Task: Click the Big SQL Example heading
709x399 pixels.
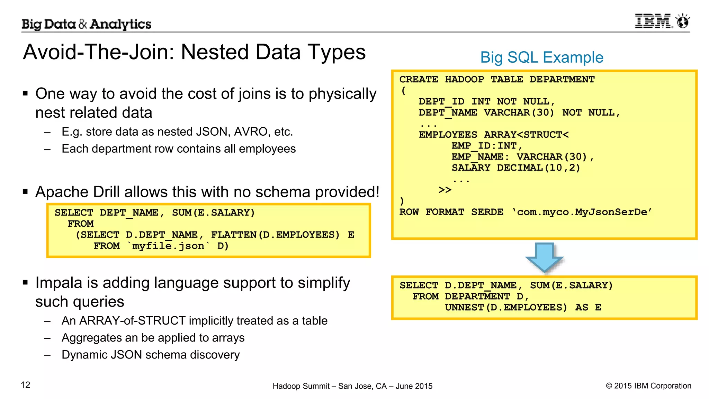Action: pyautogui.click(x=541, y=57)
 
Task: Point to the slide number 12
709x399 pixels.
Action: pyautogui.click(x=26, y=385)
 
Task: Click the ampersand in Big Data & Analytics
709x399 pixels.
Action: pyautogui.click(x=83, y=24)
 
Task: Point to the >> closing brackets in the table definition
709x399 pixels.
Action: pyautogui.click(x=445, y=190)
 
